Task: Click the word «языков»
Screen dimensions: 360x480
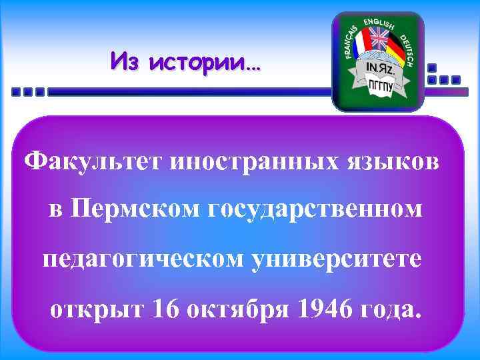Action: point(398,161)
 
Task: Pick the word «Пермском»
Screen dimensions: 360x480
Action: point(137,209)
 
